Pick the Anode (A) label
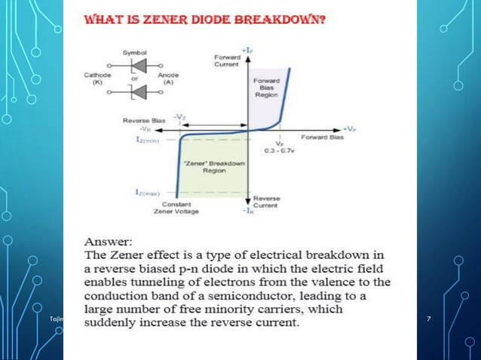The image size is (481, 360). click(168, 78)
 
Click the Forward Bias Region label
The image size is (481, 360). click(266, 88)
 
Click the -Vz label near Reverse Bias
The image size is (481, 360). click(181, 117)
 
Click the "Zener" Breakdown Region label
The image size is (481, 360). click(205, 167)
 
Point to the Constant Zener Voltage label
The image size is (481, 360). click(176, 207)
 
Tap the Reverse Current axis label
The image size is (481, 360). click(268, 202)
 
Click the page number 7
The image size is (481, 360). click(429, 322)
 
